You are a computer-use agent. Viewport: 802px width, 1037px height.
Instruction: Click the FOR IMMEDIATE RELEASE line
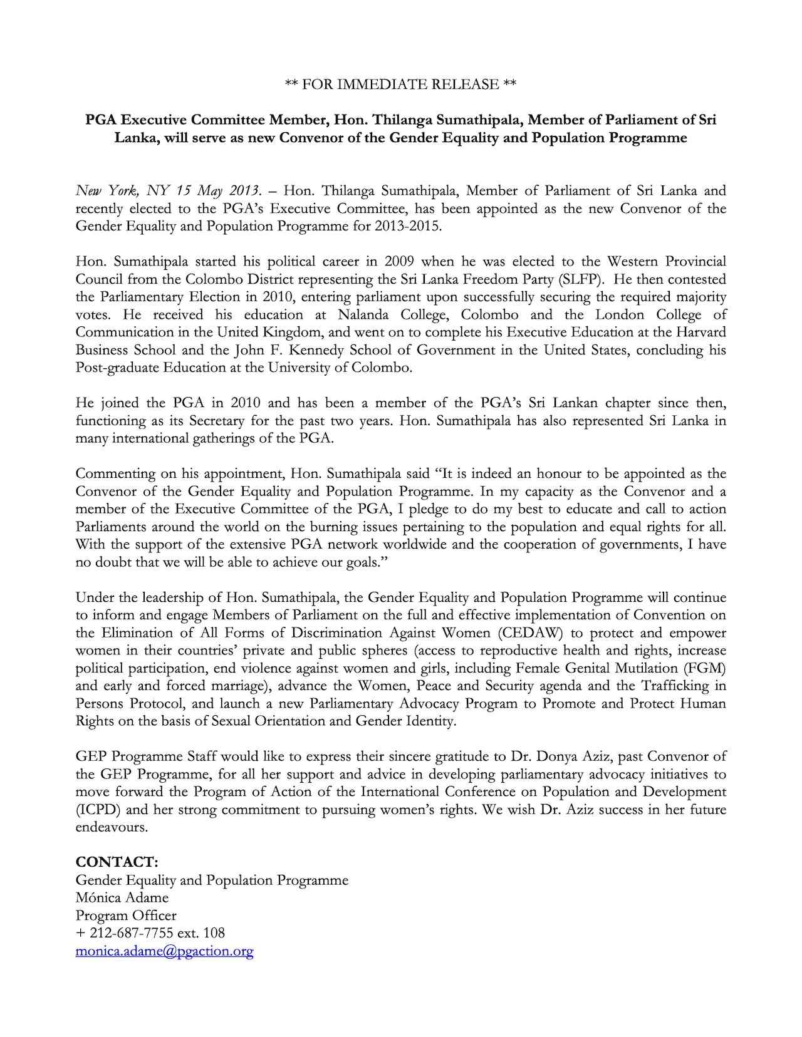tap(400, 84)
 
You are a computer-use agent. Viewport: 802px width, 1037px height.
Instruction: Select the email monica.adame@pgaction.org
tap(164, 951)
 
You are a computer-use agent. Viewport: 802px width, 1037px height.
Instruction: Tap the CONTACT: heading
tap(117, 862)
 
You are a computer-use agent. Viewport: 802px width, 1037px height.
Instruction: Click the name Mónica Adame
tap(122, 897)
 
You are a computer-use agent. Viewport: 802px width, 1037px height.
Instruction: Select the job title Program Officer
tap(126, 915)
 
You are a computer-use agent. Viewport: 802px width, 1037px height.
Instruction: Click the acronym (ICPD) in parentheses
tap(95, 809)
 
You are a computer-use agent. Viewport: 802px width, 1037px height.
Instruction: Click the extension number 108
tap(214, 933)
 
